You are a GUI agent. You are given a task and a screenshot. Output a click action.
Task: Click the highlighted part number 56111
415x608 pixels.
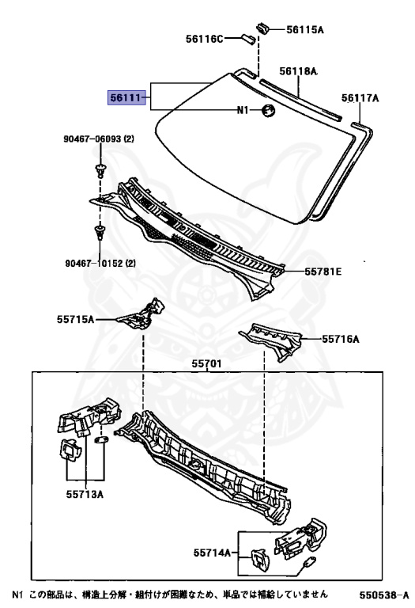[x=126, y=97]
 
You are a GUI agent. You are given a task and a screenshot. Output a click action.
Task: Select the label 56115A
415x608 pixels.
[x=304, y=29]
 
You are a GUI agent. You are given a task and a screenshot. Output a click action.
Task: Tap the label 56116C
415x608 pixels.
[x=205, y=39]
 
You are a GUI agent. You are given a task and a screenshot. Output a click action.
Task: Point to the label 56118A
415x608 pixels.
[x=298, y=71]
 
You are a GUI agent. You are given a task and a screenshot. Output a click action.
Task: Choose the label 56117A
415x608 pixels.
[x=360, y=98]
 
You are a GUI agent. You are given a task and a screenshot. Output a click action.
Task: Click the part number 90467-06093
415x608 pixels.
[x=93, y=139]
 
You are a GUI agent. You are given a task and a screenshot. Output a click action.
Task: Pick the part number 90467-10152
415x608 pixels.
[x=94, y=264]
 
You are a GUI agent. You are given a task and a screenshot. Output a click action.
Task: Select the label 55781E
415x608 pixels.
[x=323, y=272]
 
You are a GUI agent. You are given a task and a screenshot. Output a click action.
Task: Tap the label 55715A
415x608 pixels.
[x=75, y=320]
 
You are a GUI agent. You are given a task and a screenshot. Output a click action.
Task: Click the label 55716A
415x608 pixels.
[x=341, y=340]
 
